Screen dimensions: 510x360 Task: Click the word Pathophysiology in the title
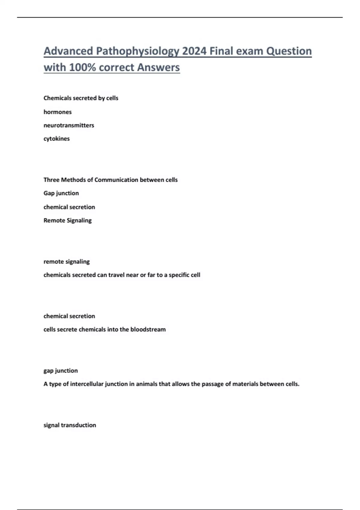137,51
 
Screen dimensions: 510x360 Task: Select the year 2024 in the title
194,51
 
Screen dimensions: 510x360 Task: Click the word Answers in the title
158,67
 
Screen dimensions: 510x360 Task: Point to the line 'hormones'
58,112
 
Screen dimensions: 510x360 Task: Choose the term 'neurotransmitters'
69,125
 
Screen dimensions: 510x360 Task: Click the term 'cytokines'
56,139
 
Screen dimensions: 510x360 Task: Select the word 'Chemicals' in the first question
57,98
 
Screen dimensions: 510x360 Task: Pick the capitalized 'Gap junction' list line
61,193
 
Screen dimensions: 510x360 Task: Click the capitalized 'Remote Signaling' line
67,220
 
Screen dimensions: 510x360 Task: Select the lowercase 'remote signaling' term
67,262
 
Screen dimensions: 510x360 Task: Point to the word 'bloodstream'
148,329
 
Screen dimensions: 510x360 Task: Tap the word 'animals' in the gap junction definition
146,384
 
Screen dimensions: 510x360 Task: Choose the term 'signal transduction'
70,425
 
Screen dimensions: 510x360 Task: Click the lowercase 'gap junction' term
61,371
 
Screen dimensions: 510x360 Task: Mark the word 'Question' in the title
289,51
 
